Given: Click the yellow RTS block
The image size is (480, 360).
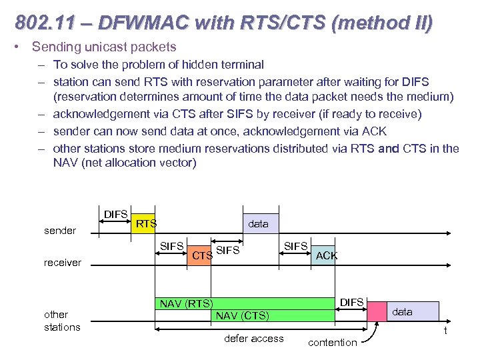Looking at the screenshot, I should coord(144,224).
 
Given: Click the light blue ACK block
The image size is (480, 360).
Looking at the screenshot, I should coord(326,255).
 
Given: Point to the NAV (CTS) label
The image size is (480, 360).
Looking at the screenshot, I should coord(242,315).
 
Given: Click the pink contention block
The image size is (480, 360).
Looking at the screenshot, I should coord(377,311).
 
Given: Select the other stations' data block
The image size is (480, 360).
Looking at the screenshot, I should coord(413,311).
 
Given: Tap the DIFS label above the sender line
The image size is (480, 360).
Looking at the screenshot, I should coord(115,214).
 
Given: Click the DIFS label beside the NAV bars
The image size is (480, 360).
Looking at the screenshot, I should coord(351,303).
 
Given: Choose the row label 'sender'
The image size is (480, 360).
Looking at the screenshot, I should coord(60,231).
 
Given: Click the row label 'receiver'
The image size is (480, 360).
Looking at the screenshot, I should coord(63,263).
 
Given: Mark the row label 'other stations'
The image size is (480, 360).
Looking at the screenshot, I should coord(62,321).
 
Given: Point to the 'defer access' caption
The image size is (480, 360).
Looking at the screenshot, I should coord(253,339).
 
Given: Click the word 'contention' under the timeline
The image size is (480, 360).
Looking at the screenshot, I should coord(332,343).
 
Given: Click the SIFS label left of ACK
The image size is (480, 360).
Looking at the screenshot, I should coord(295,247).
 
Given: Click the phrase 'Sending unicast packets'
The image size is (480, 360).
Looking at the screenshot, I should coord(104,47).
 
